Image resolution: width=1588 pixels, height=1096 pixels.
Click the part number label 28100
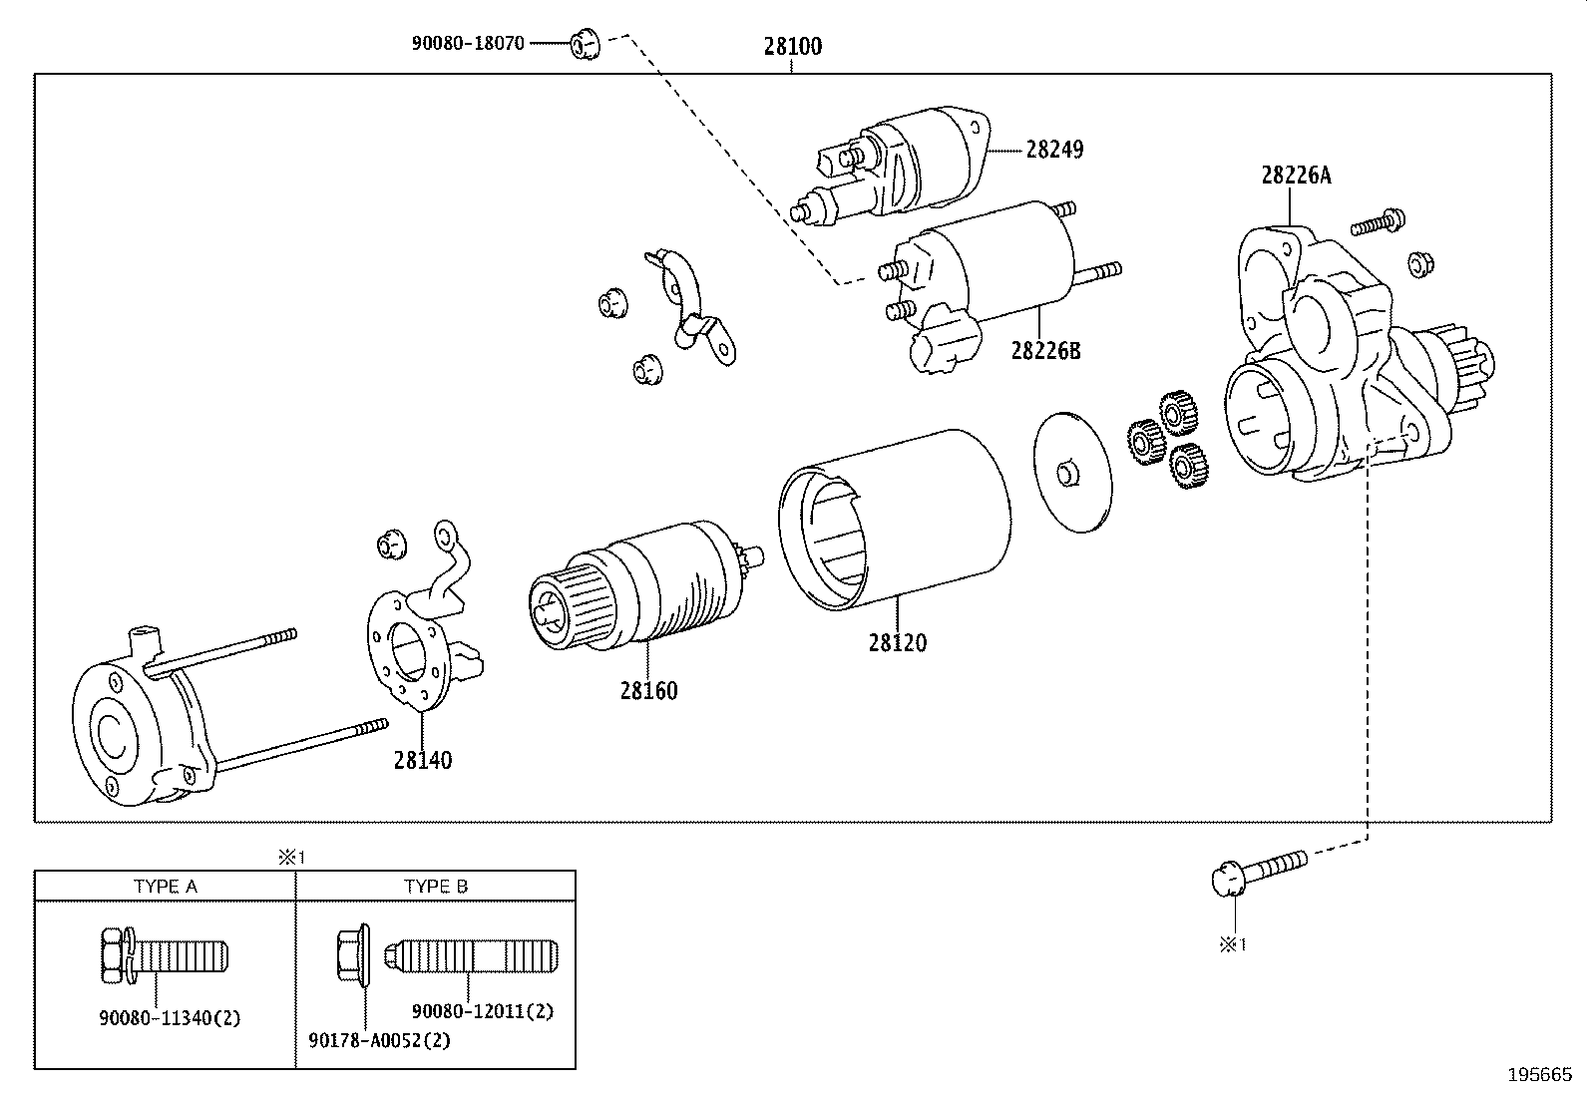coord(793,46)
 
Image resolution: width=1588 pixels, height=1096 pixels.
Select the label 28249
coord(1054,150)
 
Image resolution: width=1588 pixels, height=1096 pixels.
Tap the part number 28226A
coord(1295,176)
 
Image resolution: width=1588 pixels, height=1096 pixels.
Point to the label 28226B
coord(1045,351)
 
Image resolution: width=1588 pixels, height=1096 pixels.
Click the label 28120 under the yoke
coord(897,643)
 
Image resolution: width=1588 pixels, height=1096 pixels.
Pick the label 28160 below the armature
coord(648,690)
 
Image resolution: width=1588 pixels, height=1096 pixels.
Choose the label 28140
coord(422,760)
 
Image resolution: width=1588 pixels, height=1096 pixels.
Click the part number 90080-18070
coord(467,44)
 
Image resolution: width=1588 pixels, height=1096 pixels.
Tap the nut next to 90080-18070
coord(584,44)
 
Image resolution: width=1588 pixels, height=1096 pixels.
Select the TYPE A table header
coord(166,886)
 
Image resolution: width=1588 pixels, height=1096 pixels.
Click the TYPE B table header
coord(436,886)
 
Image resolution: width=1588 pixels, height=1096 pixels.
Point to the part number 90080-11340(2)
coord(170,1018)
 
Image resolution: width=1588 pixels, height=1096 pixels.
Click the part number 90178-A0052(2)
coord(379,1040)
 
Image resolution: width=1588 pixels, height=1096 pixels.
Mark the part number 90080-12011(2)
coord(482,1011)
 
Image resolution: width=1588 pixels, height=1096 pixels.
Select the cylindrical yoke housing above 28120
coord(895,519)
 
